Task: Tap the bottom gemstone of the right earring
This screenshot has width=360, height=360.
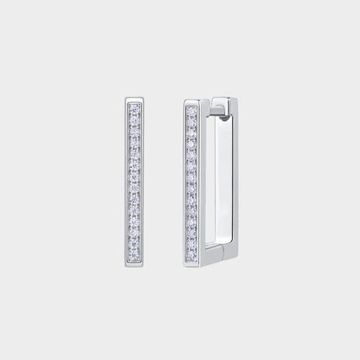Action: pyautogui.click(x=191, y=256)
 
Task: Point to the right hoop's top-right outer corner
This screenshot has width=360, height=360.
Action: pyautogui.click(x=231, y=100)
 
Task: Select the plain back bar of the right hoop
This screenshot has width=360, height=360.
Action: pyautogui.click(x=228, y=177)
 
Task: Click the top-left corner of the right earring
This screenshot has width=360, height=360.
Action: pyautogui.click(x=186, y=100)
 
